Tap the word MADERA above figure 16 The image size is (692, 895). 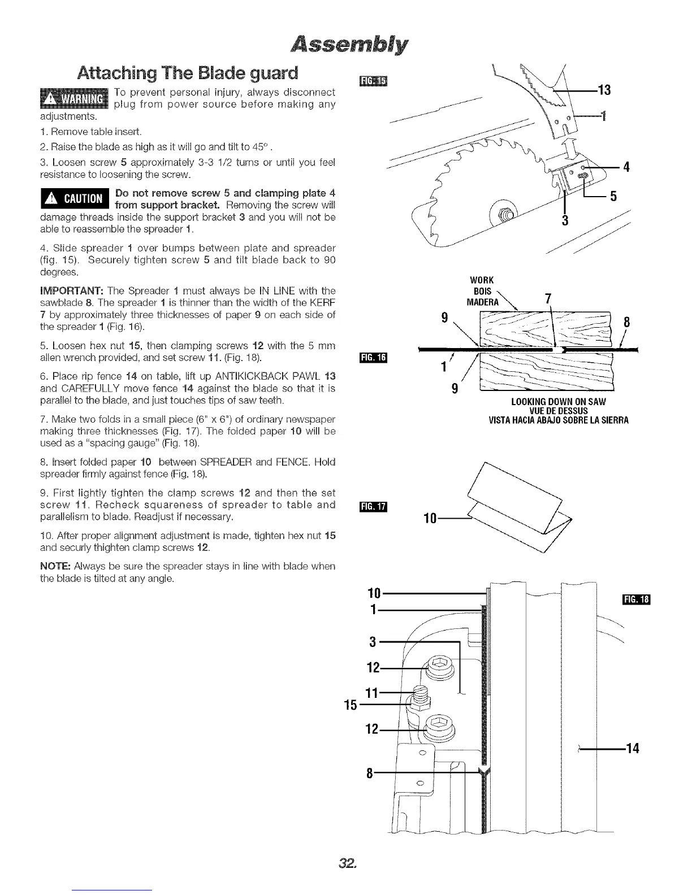(x=482, y=302)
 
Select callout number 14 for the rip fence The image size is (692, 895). (x=632, y=749)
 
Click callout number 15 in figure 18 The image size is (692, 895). (x=350, y=705)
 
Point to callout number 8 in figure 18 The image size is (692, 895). (x=370, y=773)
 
